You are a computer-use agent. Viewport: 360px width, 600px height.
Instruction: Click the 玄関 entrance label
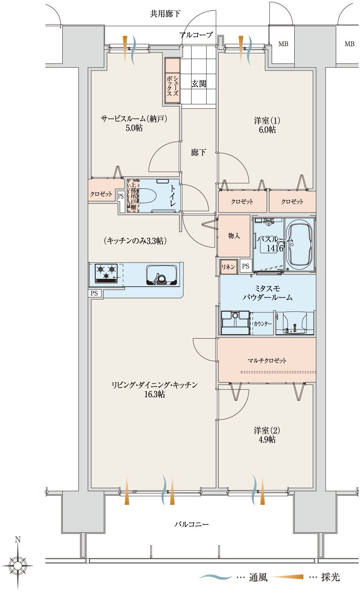pos(198,84)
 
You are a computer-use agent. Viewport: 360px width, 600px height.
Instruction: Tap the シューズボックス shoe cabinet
pos(172,81)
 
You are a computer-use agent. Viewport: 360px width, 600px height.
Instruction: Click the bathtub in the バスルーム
pos(299,245)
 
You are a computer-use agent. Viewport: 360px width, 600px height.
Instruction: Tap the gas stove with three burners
pos(106,273)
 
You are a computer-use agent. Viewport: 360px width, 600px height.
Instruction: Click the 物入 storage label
pos(234,236)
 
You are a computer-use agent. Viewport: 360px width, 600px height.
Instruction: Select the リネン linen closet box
pos(228,267)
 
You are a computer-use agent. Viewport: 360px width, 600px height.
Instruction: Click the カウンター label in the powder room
pos(262,323)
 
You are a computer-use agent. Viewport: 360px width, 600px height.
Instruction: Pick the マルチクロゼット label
pos(267,361)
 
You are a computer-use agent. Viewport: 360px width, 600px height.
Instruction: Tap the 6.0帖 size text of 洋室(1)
pos(267,130)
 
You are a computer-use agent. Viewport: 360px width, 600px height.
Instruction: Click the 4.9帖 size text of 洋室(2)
pos(267,440)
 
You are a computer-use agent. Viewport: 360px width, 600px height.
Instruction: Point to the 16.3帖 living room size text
pos(154,394)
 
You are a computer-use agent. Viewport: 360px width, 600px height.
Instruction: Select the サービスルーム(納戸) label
pos(134,119)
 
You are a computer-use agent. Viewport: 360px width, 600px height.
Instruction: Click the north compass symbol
pos(18,566)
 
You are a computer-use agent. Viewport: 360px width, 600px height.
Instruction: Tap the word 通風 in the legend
pos(258,577)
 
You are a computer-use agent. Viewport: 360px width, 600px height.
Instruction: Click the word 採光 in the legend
pos(330,577)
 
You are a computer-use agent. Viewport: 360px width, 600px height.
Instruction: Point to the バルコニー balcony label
pos(192,524)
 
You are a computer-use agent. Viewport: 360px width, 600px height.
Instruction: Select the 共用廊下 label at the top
pos(165,14)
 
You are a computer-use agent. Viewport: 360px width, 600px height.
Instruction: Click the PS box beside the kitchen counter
pos(95,293)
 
